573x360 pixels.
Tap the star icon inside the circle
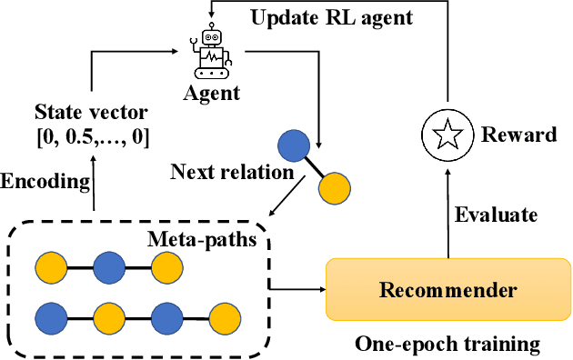click(x=448, y=135)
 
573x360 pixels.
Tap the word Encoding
click(x=45, y=180)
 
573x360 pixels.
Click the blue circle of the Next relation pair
click(x=293, y=146)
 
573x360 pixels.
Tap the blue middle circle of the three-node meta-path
click(x=108, y=268)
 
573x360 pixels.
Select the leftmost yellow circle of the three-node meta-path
click(x=50, y=268)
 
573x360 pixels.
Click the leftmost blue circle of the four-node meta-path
click(x=50, y=317)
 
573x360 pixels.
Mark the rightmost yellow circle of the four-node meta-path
click(x=225, y=317)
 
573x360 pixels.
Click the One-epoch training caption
click(x=447, y=345)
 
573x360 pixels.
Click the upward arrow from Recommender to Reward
click(x=448, y=209)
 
